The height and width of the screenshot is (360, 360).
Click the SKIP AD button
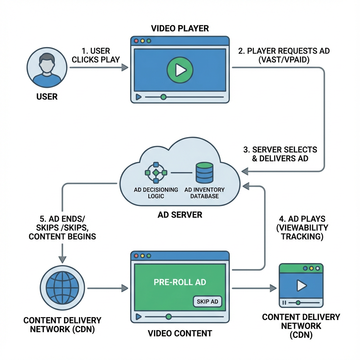[207, 301]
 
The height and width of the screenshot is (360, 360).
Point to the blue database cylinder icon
[204, 173]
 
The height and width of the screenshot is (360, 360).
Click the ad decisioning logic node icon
[156, 173]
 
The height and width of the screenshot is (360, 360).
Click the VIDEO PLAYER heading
[180, 28]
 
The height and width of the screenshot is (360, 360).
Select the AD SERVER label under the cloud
[180, 214]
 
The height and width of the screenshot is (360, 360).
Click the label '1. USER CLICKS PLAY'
[95, 56]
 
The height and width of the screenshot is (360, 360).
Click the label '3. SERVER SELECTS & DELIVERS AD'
[280, 154]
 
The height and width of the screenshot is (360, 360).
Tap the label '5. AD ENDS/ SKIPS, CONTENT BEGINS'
[62, 227]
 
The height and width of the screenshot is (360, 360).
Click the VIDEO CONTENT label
[180, 333]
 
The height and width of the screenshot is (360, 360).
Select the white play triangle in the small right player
[301, 285]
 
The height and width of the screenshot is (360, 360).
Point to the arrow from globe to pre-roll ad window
[107, 288]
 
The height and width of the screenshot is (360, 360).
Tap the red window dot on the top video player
[136, 41]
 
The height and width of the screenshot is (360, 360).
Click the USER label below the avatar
[47, 96]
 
